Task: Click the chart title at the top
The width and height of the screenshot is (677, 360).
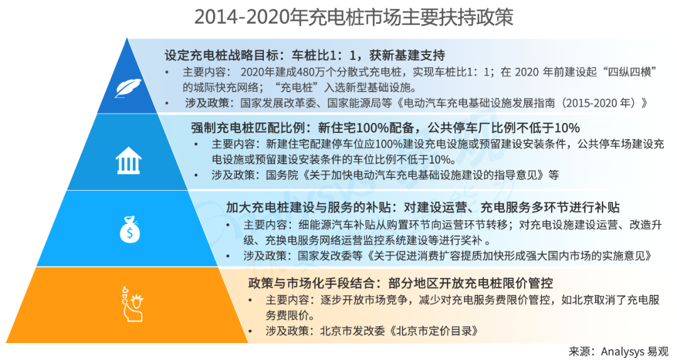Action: pos(354,18)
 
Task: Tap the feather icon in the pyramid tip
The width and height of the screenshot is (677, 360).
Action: pos(128,88)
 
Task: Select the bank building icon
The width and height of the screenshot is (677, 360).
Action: pos(129,161)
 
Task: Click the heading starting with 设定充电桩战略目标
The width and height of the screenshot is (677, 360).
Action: pos(305,55)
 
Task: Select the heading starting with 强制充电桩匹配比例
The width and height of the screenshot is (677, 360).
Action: pos(385,128)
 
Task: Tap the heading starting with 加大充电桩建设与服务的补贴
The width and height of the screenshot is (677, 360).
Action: pos(422,208)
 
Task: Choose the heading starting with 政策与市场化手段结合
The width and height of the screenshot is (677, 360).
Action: pos(400,283)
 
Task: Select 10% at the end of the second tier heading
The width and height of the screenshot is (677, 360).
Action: pos(567,128)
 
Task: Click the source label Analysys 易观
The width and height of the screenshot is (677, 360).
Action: pos(634,351)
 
